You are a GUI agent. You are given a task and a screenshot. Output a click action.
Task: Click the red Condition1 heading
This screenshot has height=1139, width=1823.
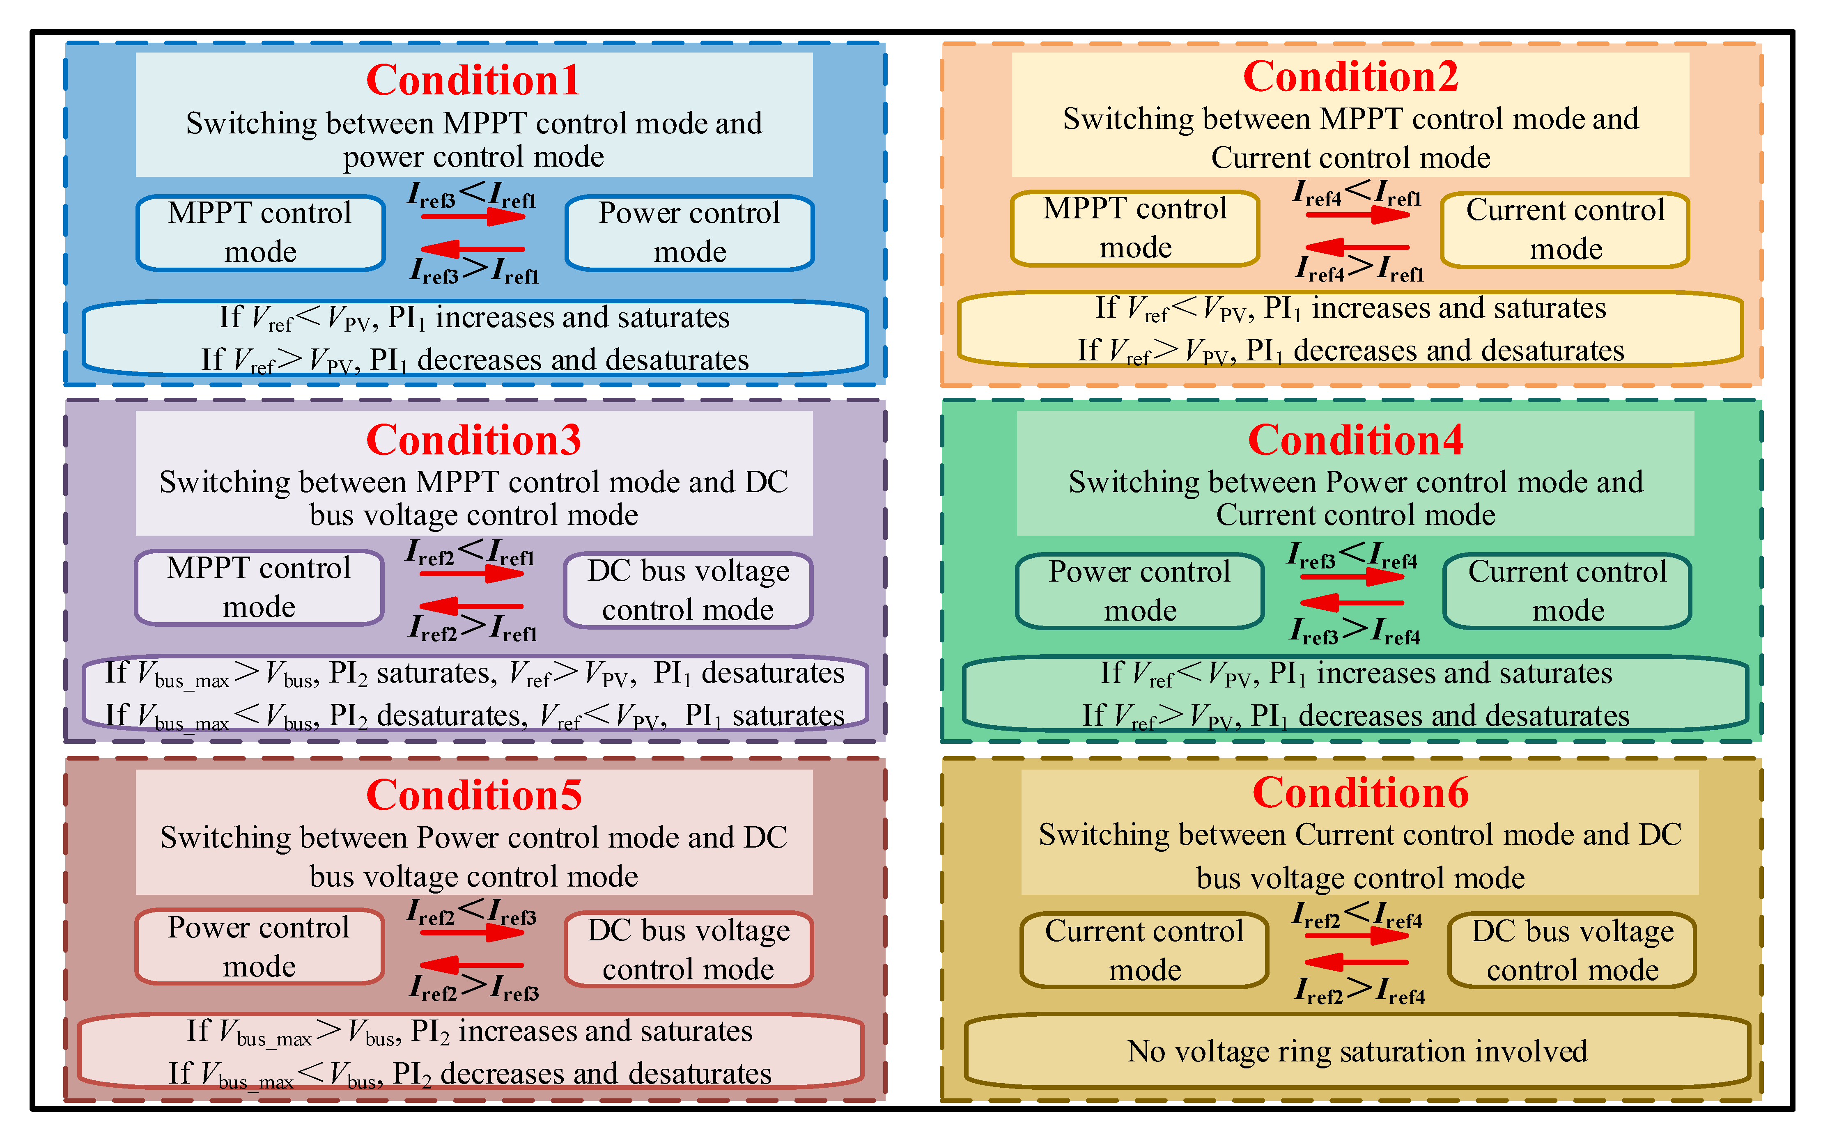[x=473, y=80]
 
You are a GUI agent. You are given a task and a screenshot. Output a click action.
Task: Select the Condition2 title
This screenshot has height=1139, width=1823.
[x=1350, y=77]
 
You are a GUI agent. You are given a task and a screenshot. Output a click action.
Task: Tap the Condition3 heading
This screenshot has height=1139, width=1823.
[x=473, y=440]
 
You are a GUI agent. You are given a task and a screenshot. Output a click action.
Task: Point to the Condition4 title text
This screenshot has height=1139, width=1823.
[x=1355, y=440]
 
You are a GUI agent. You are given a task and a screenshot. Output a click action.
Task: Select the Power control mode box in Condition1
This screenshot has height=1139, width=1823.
[x=689, y=232]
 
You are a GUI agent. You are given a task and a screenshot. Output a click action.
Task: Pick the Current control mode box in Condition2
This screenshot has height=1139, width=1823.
[x=1565, y=229]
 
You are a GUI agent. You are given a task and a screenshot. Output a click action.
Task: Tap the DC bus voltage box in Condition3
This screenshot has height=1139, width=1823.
[x=688, y=590]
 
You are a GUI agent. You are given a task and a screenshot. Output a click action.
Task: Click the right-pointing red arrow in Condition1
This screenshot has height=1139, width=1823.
[x=473, y=217]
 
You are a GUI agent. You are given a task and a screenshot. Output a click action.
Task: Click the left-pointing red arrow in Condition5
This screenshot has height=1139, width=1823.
[x=472, y=965]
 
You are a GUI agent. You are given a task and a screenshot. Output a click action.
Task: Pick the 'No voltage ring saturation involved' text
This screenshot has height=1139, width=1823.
[x=1357, y=1051]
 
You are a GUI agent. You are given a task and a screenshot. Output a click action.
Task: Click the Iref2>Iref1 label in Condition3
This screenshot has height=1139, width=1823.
[x=473, y=627]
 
